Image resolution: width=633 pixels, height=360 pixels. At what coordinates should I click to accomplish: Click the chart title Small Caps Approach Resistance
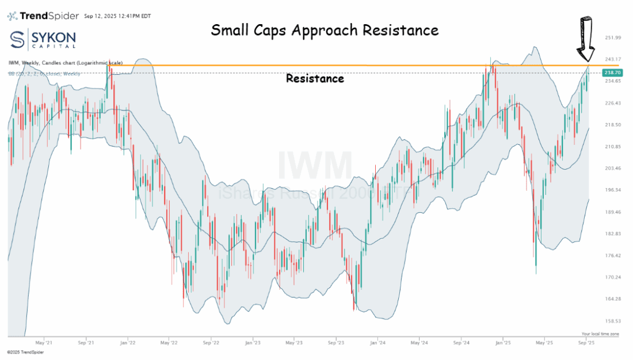(x=325, y=30)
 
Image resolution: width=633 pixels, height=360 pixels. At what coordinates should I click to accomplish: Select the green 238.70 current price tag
(x=612, y=72)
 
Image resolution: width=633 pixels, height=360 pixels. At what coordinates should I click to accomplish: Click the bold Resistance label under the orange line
(x=315, y=79)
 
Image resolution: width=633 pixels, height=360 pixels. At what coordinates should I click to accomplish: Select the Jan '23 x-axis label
(x=253, y=343)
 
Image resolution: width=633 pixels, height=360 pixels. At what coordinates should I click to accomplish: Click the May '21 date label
(x=44, y=343)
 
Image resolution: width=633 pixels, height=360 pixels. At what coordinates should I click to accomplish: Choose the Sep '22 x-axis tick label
(x=211, y=343)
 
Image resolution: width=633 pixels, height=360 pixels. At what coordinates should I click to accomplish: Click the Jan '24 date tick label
(x=378, y=343)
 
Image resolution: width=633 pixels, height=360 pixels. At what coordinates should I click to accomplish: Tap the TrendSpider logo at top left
(x=43, y=16)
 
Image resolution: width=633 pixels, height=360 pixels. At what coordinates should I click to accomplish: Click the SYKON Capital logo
(x=43, y=40)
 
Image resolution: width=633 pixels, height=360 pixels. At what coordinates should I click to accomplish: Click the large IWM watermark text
(x=315, y=166)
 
